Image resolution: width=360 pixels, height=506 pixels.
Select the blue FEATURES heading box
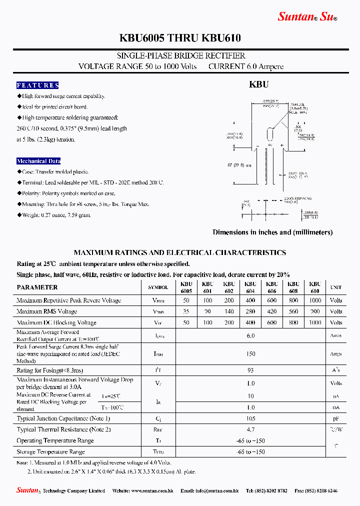click(x=37, y=85)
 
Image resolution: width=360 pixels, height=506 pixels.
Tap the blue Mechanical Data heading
click(x=38, y=161)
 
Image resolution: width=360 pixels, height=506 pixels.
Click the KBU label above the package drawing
click(x=259, y=85)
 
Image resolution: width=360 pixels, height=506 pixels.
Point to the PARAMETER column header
click(x=37, y=287)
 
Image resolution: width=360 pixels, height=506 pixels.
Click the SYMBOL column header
click(x=158, y=287)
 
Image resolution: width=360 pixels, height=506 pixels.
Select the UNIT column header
click(x=335, y=287)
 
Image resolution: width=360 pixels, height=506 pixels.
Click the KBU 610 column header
click(x=315, y=287)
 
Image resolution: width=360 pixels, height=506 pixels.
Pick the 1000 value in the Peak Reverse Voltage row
click(x=315, y=300)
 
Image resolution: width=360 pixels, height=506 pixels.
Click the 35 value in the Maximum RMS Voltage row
click(x=186, y=311)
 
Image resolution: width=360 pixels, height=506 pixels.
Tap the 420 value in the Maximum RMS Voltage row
click(x=271, y=311)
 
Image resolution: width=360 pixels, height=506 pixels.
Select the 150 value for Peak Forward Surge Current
click(x=251, y=354)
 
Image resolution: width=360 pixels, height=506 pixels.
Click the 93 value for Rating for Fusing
click(x=251, y=370)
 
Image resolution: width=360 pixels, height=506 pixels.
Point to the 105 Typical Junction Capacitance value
click(x=251, y=418)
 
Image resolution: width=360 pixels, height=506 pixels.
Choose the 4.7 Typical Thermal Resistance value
click(x=251, y=429)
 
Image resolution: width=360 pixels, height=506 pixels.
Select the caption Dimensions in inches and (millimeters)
click(x=272, y=232)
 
